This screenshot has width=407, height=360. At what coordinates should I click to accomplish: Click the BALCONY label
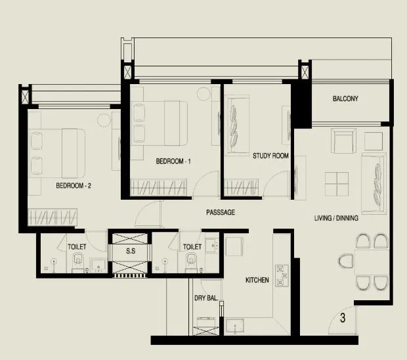pos(345,99)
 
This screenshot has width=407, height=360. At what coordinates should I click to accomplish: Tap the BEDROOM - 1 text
pos(173,161)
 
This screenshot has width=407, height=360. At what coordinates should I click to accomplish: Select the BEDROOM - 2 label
pos(74,186)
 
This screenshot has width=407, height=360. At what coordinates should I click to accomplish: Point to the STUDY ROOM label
pos(270,156)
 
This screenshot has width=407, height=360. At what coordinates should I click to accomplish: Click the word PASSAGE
pos(220,212)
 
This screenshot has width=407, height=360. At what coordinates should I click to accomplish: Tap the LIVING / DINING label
pos(336,218)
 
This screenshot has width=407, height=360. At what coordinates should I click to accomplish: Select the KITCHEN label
pos(257,280)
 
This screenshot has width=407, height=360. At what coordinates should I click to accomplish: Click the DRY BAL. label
pos(205,298)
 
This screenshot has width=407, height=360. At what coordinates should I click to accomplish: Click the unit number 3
pos(343,320)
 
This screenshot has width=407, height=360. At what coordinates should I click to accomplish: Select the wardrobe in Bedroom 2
pos(53,217)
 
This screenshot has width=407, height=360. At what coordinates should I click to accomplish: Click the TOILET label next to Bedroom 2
pos(77,246)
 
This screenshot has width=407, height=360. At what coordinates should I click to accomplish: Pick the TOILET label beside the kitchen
pos(192,246)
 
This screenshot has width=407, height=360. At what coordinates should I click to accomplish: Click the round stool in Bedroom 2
pos(102,120)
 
